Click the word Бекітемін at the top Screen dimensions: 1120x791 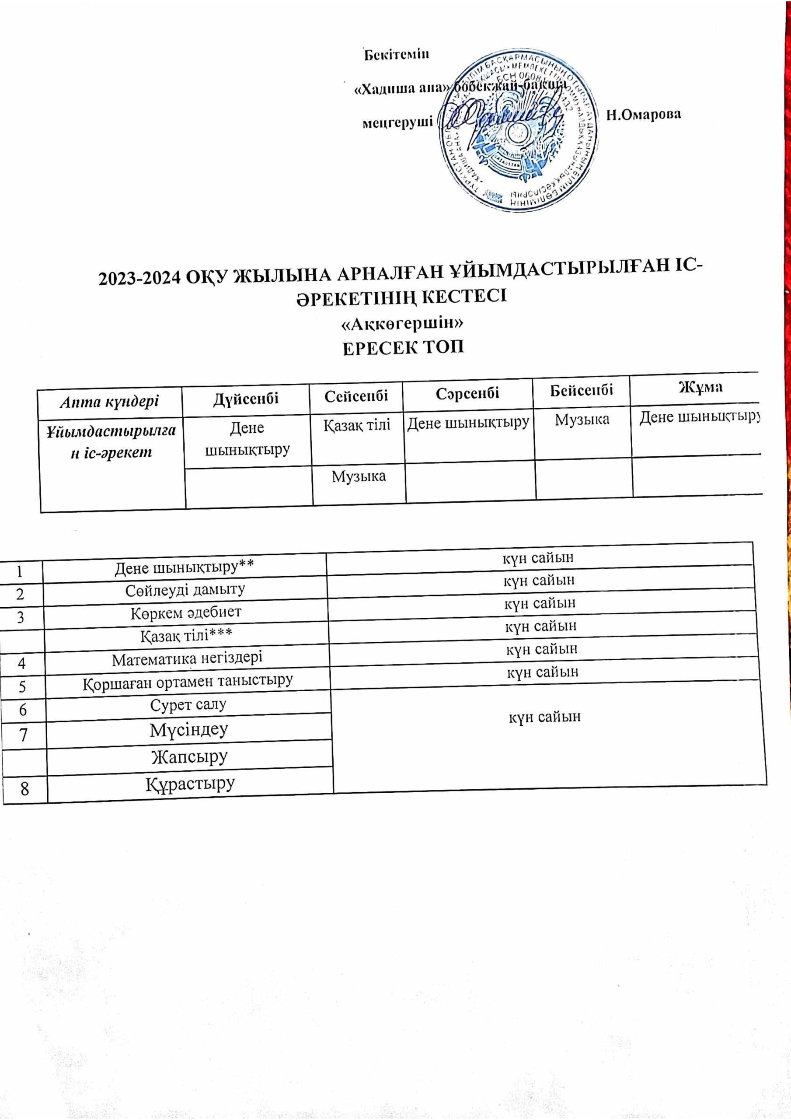coord(397,54)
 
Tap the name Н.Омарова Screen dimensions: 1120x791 coord(643,115)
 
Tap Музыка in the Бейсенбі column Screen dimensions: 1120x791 coord(582,419)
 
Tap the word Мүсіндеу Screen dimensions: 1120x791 coord(189,729)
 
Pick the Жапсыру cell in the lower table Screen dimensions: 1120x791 coord(190,756)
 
